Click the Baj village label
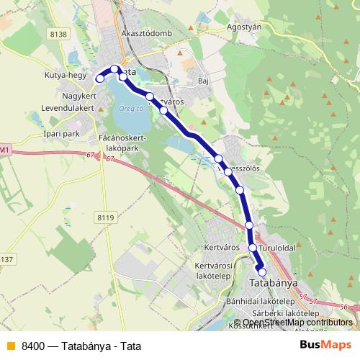pos(203,81)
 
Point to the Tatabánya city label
pos(274,283)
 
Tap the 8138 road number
pos(59,34)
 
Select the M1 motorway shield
pos(5,149)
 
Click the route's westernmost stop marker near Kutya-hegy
pos(100,78)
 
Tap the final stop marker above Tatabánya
pos(262,271)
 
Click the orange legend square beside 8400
pos(9,345)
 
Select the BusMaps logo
pos(325,345)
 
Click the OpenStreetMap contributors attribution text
pos(297,322)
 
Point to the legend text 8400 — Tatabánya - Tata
pos(80,345)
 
